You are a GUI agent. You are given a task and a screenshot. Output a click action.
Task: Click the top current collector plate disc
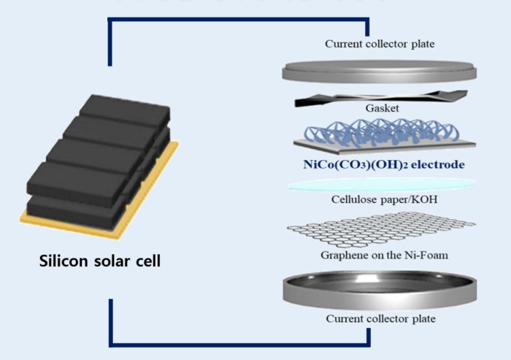[380, 71]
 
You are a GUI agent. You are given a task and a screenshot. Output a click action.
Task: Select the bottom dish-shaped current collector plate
[380, 290]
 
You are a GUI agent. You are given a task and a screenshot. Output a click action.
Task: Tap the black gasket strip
[380, 98]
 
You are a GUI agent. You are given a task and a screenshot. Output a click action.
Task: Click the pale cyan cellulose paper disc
[382, 185]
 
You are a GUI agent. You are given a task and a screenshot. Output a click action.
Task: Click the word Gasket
[382, 108]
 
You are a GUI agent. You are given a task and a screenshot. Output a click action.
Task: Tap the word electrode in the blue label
[438, 164]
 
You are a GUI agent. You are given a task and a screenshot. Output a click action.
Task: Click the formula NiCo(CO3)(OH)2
[356, 164]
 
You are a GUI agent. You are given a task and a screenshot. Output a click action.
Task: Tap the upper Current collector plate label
[380, 44]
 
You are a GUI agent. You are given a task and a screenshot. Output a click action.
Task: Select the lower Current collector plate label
[380, 318]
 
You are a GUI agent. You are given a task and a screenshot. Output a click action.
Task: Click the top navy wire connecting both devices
[238, 20]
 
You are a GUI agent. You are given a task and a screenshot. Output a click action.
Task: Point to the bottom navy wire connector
[240, 345]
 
